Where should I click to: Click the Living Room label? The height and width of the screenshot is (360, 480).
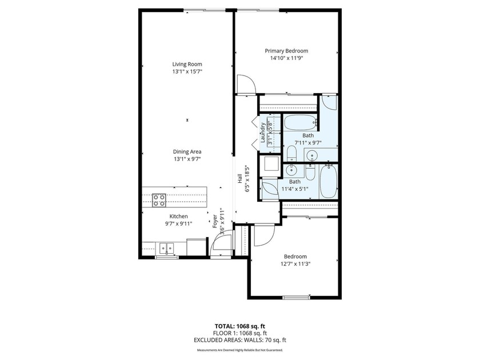coord(187,64)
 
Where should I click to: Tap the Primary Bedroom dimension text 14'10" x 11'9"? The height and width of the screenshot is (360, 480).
coord(286,58)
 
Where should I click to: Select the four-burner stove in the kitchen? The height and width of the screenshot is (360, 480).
coord(159,200)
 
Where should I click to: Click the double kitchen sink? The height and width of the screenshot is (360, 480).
coord(166,247)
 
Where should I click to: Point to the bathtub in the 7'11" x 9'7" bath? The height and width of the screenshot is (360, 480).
coord(300,123)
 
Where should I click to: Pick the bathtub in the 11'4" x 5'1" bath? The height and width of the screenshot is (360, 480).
coord(329,181)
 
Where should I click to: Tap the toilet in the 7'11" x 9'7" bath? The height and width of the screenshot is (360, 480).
coord(292,153)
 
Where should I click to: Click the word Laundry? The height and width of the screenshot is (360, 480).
coord(262,133)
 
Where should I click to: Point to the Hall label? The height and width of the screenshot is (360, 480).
coord(239,179)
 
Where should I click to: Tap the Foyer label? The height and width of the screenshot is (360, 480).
coord(215,221)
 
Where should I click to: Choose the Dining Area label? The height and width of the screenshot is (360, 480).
coord(187,151)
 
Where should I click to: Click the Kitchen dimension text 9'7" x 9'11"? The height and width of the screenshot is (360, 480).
coord(178,224)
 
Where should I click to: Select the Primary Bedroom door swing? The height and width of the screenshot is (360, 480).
coord(246,83)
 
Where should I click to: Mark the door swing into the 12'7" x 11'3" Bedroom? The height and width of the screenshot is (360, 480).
coord(264,235)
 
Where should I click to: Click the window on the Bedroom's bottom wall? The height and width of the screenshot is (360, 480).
coord(296,297)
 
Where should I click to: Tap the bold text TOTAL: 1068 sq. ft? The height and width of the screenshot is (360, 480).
coord(238,326)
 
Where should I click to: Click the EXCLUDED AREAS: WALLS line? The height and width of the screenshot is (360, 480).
coord(239,340)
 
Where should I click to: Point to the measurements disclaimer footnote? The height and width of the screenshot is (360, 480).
coord(239,350)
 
